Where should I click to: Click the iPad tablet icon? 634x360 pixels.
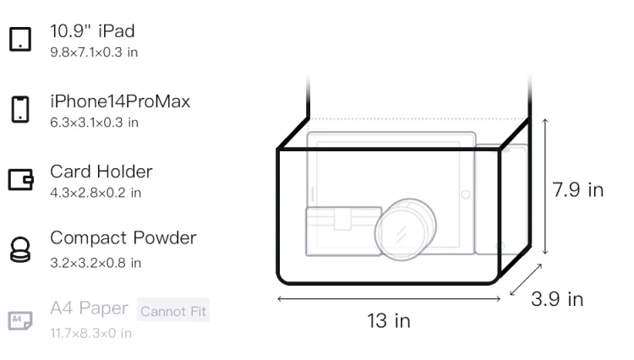[20, 39]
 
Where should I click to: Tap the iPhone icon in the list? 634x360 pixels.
[20, 109]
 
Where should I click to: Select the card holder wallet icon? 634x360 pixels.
[20, 179]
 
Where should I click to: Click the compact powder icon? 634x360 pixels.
[20, 249]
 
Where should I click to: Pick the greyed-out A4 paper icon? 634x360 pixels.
[20, 320]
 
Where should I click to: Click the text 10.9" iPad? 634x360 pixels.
[92, 31]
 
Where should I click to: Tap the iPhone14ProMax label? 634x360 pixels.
[120, 101]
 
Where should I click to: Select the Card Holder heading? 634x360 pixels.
[101, 172]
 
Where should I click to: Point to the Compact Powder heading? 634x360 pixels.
[123, 238]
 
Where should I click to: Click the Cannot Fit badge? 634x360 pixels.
[173, 311]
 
